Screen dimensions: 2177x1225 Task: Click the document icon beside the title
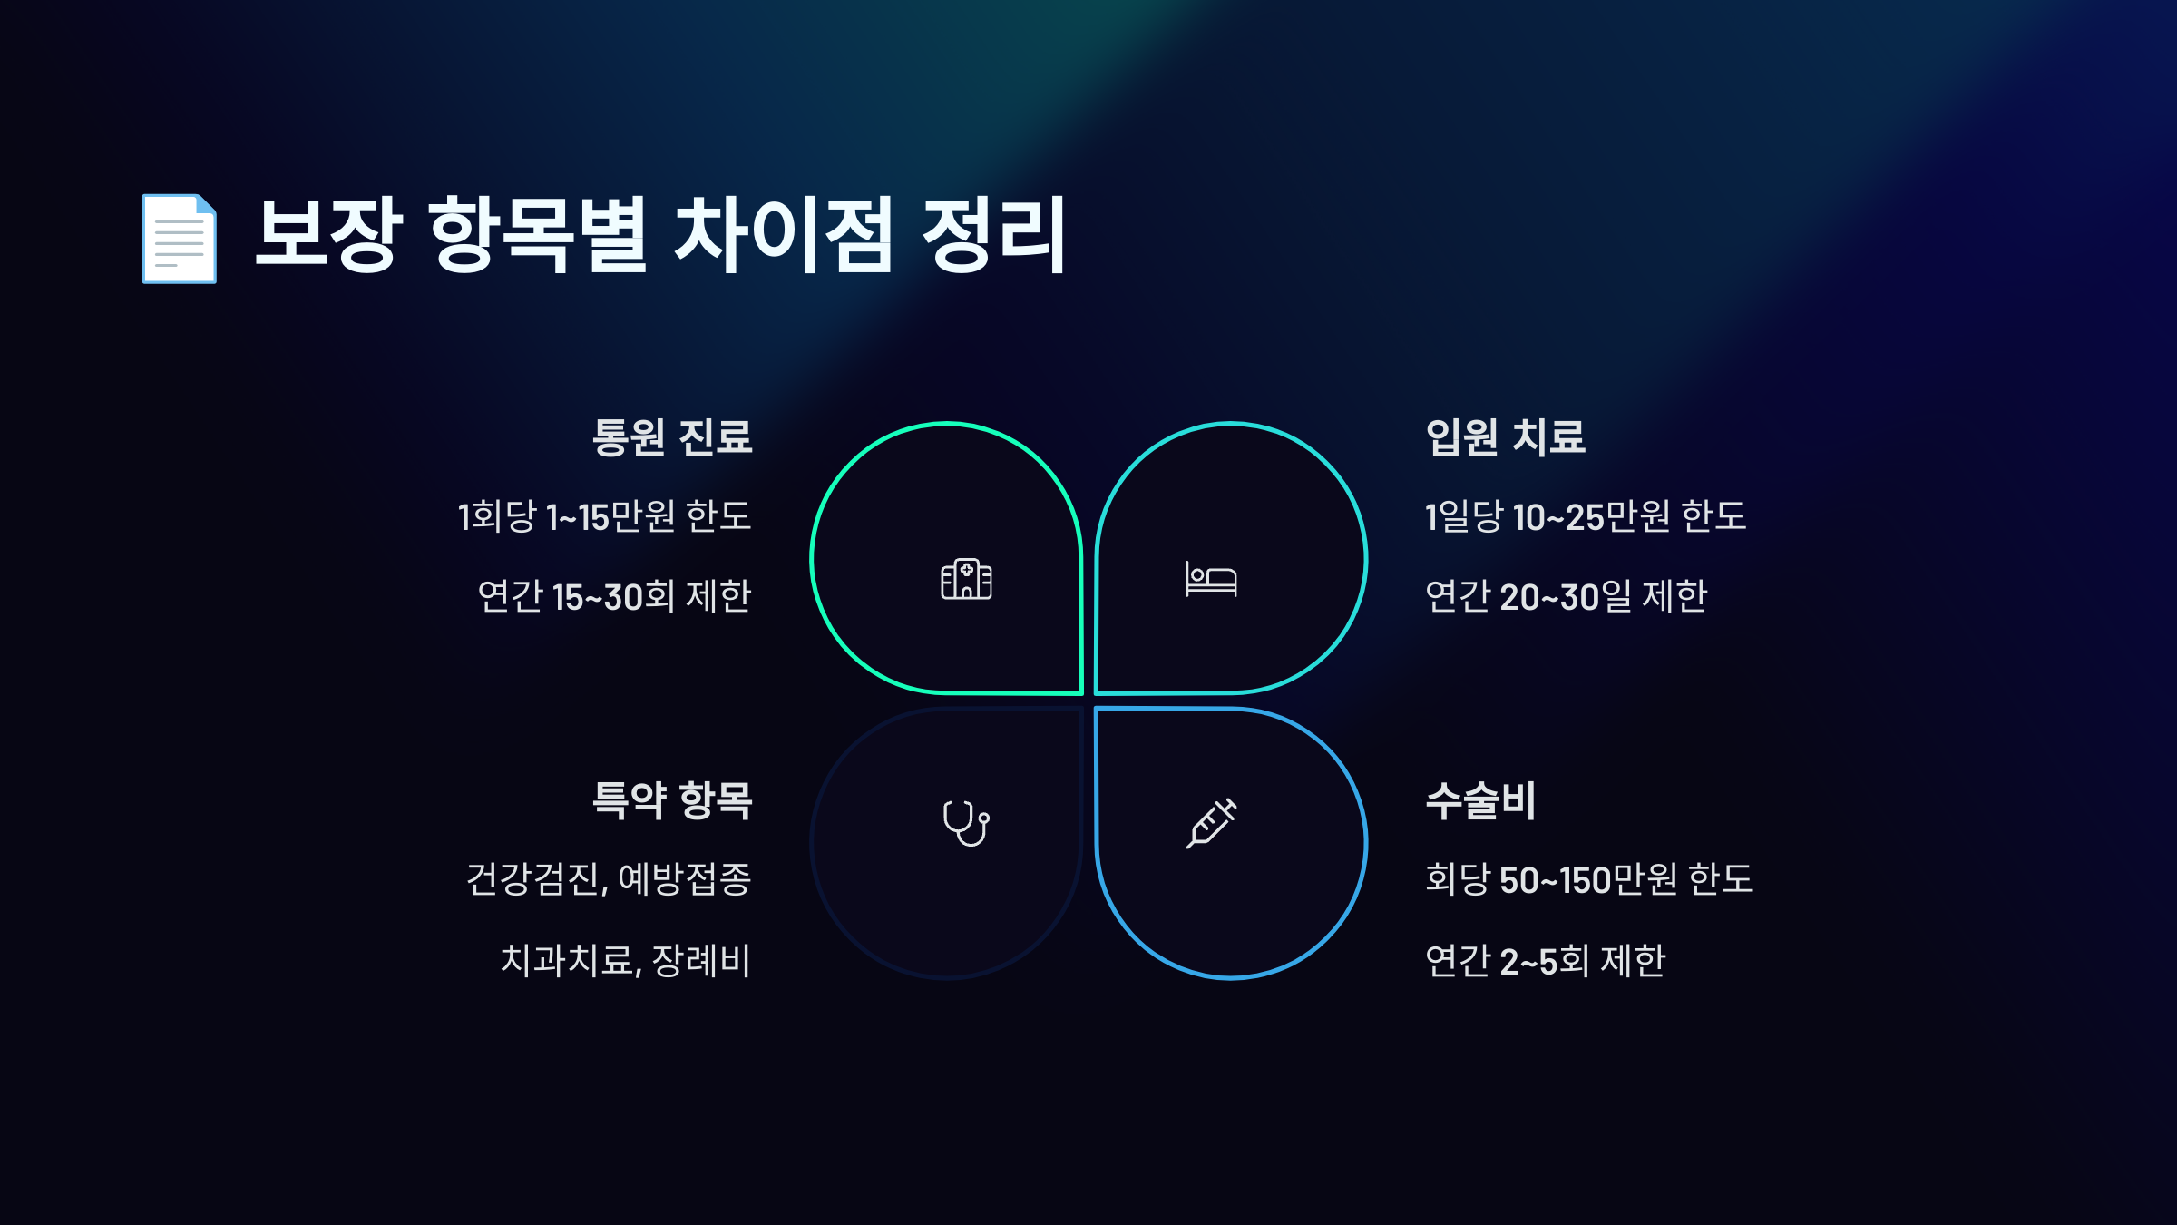click(x=179, y=239)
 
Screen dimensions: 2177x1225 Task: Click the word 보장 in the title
click(x=328, y=235)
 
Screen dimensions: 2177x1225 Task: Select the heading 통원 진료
click(x=671, y=437)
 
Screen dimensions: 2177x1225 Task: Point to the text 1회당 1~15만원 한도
click(x=604, y=516)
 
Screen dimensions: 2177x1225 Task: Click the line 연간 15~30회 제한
click(x=614, y=596)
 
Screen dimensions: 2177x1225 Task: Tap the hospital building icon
click(x=966, y=579)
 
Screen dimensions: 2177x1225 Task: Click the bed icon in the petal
click(x=1211, y=579)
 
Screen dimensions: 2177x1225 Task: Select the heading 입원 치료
click(x=1505, y=437)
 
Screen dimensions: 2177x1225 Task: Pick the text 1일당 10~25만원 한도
click(x=1585, y=516)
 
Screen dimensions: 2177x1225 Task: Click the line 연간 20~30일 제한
click(x=1566, y=596)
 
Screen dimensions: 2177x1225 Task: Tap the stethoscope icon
click(x=966, y=823)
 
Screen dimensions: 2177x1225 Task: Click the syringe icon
click(x=1211, y=823)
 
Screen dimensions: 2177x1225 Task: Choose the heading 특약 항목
click(x=671, y=800)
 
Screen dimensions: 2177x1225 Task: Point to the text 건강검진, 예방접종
click(x=609, y=879)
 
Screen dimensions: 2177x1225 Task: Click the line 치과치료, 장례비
click(x=625, y=960)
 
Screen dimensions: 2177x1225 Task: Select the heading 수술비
click(x=1480, y=800)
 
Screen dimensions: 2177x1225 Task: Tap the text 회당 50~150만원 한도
click(x=1588, y=879)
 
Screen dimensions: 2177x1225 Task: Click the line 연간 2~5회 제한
click(x=1545, y=960)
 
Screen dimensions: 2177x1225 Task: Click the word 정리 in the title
click(x=994, y=235)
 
